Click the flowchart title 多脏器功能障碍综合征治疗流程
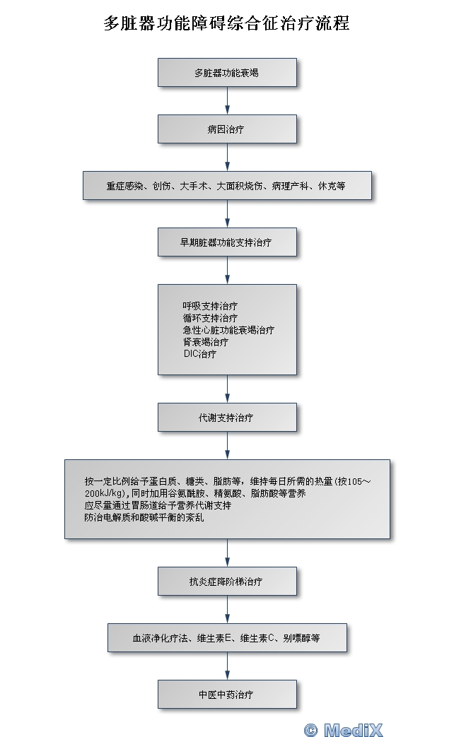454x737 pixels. tap(226, 23)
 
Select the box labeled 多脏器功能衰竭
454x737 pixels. tap(227, 72)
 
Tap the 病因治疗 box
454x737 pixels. tap(227, 129)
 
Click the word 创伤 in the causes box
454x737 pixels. tap(161, 186)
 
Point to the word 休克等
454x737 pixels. tap(332, 186)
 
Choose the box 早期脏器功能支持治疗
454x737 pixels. tap(227, 242)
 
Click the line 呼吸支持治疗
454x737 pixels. tap(210, 306)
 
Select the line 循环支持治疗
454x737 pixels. tap(210, 318)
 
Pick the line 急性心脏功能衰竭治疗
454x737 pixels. tap(228, 330)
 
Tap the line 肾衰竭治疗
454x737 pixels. tap(206, 342)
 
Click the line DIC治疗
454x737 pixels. tap(200, 354)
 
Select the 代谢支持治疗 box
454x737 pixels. tap(227, 417)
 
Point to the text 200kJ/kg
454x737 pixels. tap(105, 493)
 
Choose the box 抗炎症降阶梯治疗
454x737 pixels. tap(227, 582)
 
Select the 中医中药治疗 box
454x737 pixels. tap(227, 694)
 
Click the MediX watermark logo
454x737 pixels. tap(344, 729)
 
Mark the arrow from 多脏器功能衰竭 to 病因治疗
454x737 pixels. tap(227, 100)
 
